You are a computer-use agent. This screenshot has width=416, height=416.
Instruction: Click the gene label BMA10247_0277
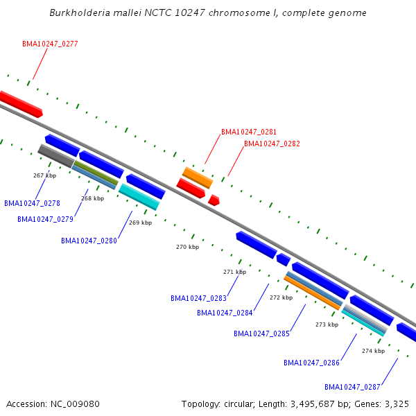pyautogui.click(x=50, y=44)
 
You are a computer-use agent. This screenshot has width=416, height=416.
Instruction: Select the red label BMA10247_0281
pyautogui.click(x=249, y=132)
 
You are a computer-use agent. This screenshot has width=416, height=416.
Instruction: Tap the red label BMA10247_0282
pyautogui.click(x=272, y=144)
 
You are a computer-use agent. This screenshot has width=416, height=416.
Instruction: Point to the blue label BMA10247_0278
pyautogui.click(x=32, y=204)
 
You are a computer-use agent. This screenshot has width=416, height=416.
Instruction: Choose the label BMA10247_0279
pyautogui.click(x=45, y=220)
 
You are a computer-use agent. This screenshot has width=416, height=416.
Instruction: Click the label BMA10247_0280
pyautogui.click(x=89, y=241)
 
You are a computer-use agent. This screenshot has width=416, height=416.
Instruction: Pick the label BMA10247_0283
pyautogui.click(x=198, y=299)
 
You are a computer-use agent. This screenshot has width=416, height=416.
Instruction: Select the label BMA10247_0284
pyautogui.click(x=225, y=313)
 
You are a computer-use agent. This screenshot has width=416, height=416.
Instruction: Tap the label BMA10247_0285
pyautogui.click(x=261, y=333)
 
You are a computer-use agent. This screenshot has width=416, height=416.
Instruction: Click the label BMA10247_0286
pyautogui.click(x=311, y=363)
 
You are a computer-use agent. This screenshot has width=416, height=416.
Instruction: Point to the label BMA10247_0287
pyautogui.click(x=352, y=387)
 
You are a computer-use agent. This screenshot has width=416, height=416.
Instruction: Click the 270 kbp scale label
pyautogui.click(x=187, y=247)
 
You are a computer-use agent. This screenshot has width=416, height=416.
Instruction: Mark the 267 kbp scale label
pyautogui.click(x=44, y=175)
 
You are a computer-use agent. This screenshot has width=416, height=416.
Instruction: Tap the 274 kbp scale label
pyautogui.click(x=373, y=351)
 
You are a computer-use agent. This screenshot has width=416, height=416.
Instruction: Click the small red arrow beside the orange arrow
pyautogui.click(x=214, y=200)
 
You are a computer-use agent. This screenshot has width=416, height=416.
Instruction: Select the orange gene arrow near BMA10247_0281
pyautogui.click(x=197, y=177)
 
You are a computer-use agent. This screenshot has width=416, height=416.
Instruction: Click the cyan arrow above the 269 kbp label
pyautogui.click(x=139, y=196)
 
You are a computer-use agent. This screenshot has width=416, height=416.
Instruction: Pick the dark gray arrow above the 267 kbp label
pyautogui.click(x=56, y=156)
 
